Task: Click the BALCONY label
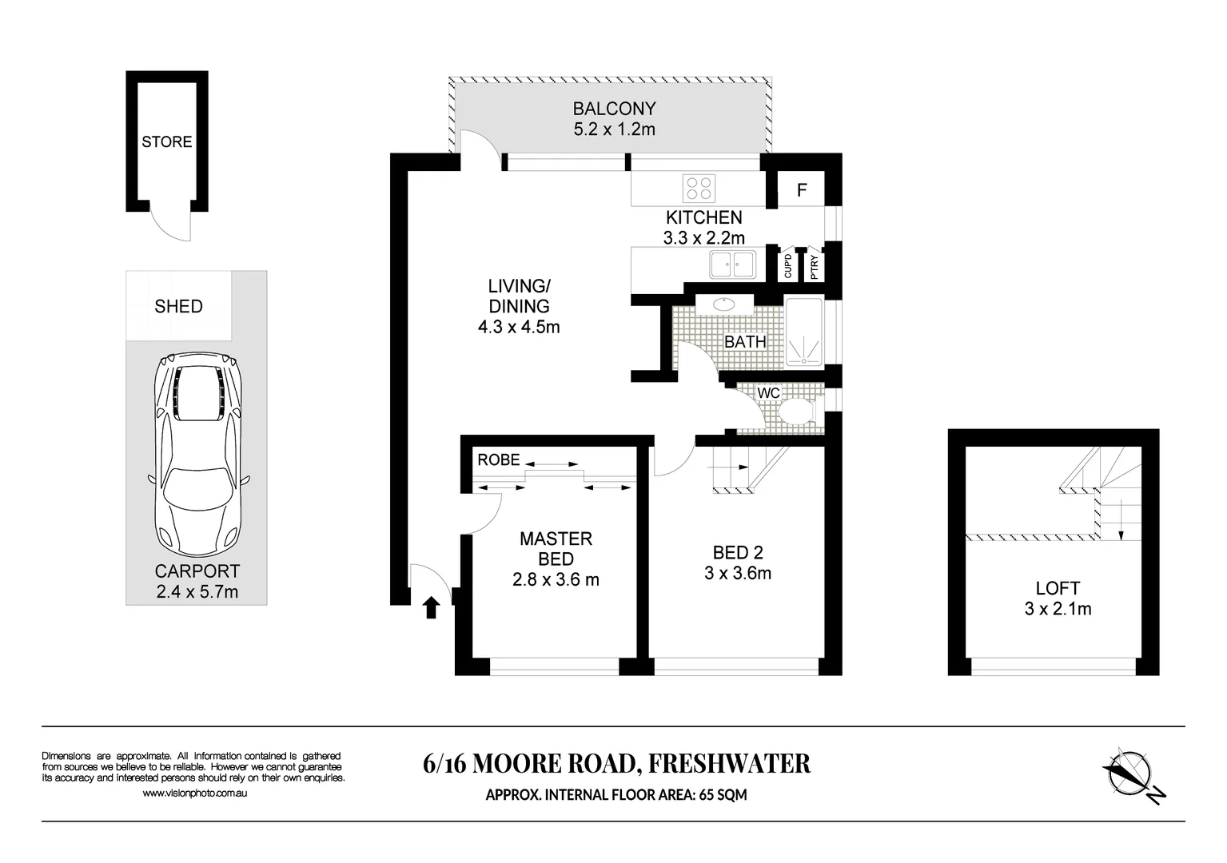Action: pos(614,109)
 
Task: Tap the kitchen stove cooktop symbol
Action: pos(699,189)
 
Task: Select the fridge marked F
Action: pos(802,190)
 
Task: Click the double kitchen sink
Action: pos(732,264)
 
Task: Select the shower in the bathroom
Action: pos(803,332)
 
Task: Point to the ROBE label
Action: pos(499,460)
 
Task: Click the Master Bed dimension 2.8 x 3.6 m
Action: pos(556,580)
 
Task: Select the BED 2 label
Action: pos(738,552)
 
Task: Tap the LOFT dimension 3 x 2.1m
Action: pos(1058,609)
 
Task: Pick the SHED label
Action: pos(178,307)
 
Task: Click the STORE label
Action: pos(167,142)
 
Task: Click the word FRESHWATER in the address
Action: pos(728,764)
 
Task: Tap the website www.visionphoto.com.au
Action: pos(194,793)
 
